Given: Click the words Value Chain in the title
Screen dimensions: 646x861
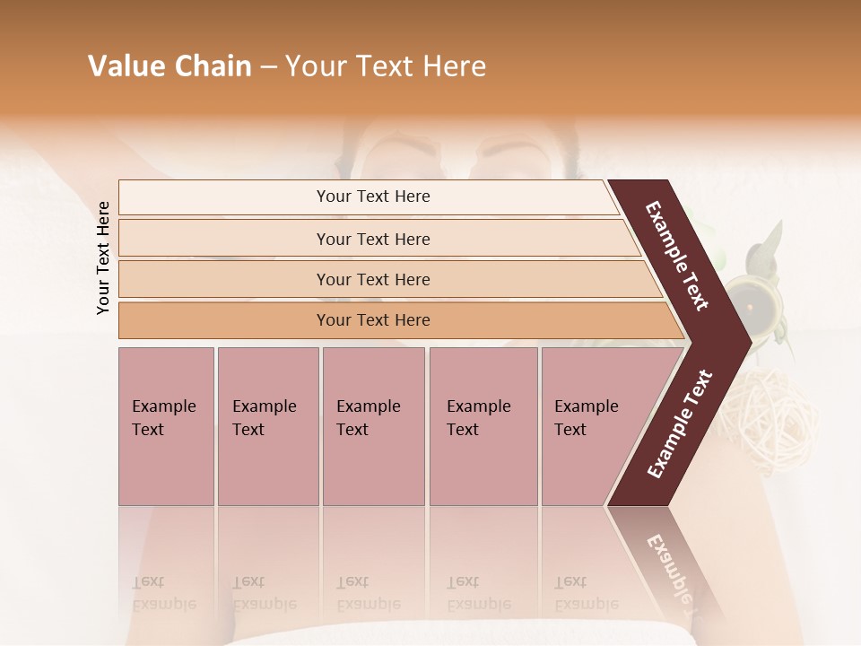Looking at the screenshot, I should coord(170,66).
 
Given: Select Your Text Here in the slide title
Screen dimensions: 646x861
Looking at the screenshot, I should coord(386,66).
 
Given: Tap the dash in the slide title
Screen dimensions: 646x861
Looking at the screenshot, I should coord(268,67).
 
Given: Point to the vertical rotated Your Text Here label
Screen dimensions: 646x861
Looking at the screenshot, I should coord(103,258).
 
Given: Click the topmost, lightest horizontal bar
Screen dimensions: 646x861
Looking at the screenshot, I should coord(373,196).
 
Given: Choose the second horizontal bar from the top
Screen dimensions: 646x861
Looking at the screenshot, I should coord(373,239).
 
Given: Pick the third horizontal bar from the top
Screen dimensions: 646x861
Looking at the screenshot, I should coord(373,279).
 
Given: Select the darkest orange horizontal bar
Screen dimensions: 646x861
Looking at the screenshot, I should coord(373,320).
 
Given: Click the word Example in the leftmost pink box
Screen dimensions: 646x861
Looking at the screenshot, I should coord(163,406).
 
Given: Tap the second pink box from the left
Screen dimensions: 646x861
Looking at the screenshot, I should coord(267,426).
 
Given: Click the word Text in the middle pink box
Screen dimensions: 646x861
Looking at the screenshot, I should coord(352,430).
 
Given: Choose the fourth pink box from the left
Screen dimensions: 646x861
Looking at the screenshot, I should coord(483,426).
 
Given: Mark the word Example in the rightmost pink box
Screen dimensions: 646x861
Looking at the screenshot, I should coord(587,406).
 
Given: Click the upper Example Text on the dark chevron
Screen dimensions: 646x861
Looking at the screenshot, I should coord(677,256).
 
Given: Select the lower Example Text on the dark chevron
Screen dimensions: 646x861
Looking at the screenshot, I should coord(680,423).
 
